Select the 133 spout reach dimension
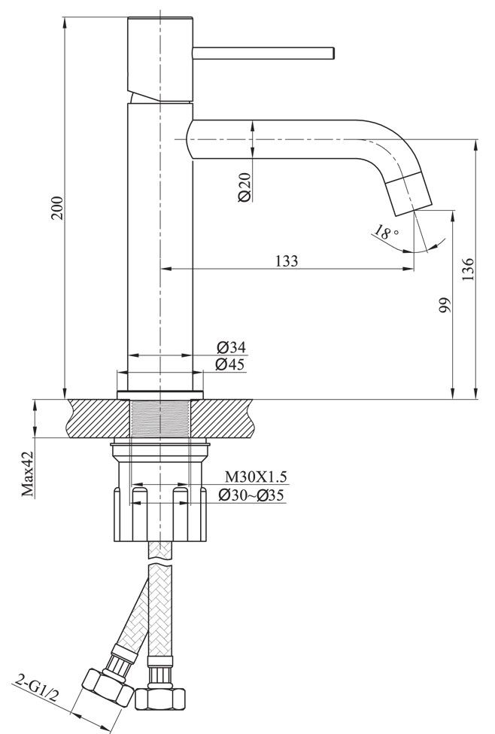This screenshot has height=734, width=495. pos(287,261)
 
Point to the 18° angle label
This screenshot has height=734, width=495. pos(386,233)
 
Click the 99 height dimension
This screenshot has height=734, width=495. pos(444,305)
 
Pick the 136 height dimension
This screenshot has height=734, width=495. pos(468,268)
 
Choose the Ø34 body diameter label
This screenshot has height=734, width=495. pos(231,347)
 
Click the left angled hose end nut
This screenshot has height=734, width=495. pos(106,685)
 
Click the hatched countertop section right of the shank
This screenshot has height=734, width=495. pos(226,418)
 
